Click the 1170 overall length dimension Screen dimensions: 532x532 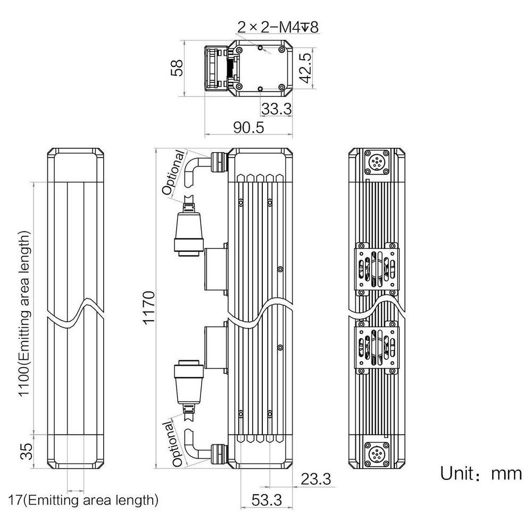(148, 307)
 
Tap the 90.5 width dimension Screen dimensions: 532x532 (248, 128)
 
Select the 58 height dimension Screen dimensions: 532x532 (177, 68)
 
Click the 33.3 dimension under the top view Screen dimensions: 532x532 (276, 109)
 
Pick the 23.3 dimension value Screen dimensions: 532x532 (315, 479)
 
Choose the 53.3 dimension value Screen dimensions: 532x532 (267, 500)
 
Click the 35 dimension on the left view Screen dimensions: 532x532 (27, 451)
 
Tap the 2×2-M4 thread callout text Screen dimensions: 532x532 (278, 27)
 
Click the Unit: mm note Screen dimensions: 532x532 (480, 473)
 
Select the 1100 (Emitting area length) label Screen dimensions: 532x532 (24, 313)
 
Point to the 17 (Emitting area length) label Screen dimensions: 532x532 (83, 500)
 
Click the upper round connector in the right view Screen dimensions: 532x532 (377, 161)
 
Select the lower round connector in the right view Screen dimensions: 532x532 (377, 454)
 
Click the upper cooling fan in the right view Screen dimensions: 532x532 (377, 269)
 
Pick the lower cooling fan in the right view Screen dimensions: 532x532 (377, 347)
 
